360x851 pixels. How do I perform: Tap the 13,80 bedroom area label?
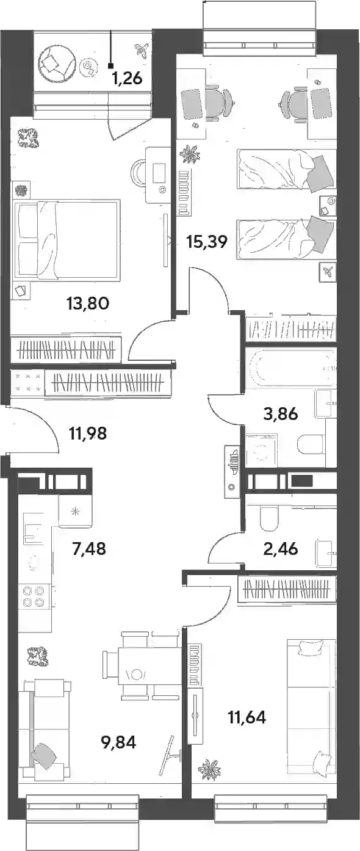88,303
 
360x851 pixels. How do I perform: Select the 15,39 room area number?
207,241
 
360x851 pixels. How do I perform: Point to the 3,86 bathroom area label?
281,414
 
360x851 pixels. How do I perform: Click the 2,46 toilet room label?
281,549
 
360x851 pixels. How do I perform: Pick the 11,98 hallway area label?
88,433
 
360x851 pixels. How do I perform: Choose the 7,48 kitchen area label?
88,549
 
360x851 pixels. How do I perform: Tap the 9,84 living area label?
118,742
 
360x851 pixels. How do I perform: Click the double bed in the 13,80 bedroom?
67,241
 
